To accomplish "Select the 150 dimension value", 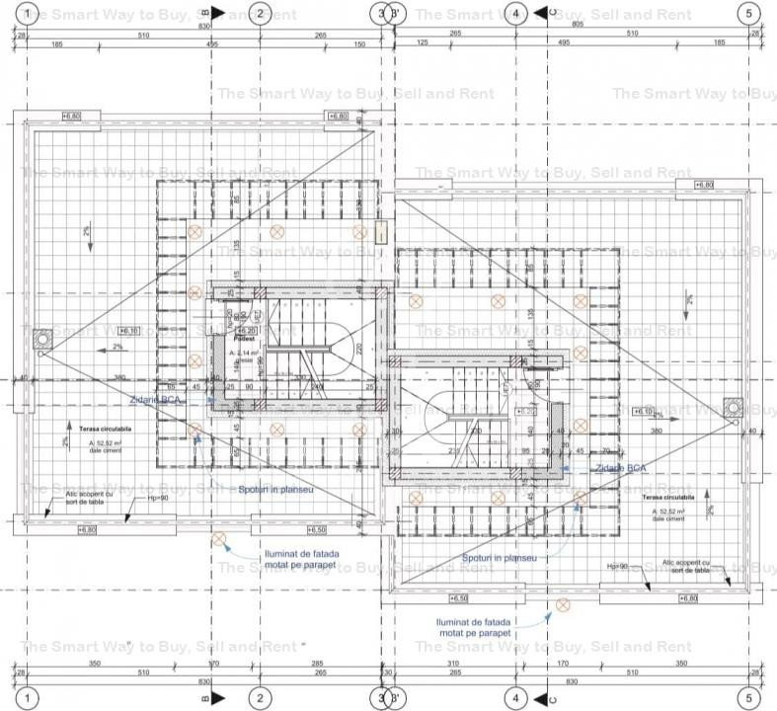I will pos(358,43).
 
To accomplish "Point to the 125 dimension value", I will pos(423,43).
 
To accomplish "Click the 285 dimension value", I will pos(318,664).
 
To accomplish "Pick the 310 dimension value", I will pos(453,664).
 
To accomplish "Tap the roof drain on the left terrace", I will pos(43,340).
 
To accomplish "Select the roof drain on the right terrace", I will pos(732,406).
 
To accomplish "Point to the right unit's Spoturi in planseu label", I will pos(500,558).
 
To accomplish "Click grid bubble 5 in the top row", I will pos(748,14).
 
